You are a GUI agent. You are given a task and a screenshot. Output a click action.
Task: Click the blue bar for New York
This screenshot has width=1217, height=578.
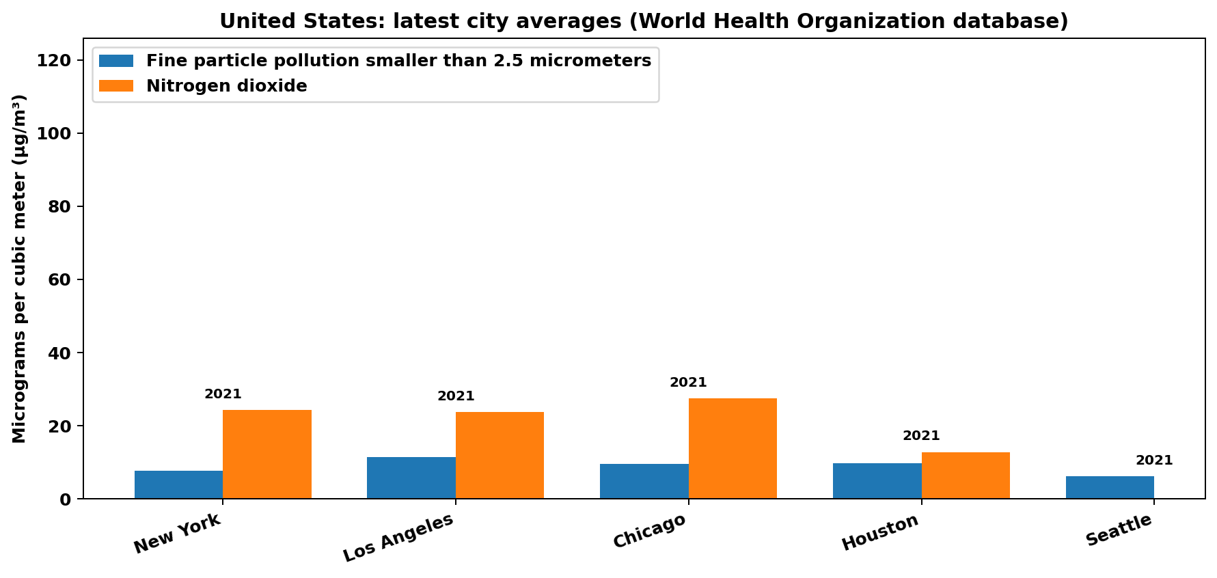coord(178,484)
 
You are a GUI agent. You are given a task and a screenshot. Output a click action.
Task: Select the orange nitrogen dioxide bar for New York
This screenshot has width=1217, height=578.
coord(267,454)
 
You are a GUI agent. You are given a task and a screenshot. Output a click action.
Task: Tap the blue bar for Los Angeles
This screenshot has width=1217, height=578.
coord(411,478)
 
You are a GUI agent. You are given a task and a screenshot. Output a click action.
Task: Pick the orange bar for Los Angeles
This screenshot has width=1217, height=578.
coord(500,455)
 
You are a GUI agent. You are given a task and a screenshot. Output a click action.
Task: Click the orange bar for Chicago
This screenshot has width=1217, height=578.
coord(733,448)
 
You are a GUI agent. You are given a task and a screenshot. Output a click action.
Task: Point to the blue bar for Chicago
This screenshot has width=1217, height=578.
coord(644,481)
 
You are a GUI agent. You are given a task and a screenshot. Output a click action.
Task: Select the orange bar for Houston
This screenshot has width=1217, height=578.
coord(966,476)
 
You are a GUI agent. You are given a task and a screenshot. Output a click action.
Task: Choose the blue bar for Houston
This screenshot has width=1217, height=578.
coord(877,481)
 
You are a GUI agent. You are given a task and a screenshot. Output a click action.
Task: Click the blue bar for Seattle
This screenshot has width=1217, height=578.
coord(1110,487)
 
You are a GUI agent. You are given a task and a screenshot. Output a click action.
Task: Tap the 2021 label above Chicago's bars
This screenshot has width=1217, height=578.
coord(688,383)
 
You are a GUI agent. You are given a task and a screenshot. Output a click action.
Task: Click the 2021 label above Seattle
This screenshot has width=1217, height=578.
coord(1154,460)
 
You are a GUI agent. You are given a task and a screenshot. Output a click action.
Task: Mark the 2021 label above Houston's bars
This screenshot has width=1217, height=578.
coord(921,436)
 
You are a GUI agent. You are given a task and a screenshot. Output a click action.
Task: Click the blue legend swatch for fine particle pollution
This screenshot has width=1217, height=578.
coord(116,61)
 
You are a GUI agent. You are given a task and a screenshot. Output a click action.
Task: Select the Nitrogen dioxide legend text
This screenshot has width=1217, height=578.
coord(226,86)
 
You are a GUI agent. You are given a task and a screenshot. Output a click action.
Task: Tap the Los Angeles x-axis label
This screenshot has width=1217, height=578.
coord(398,538)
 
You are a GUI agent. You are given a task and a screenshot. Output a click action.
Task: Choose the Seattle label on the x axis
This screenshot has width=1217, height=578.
coord(1119,531)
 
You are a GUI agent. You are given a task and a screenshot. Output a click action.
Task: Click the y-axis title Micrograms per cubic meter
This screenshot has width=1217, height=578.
coord(19,269)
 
